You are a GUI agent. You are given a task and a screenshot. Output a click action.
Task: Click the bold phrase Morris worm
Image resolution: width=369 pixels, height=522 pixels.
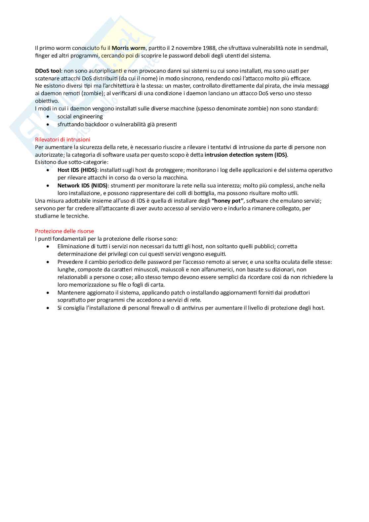128,48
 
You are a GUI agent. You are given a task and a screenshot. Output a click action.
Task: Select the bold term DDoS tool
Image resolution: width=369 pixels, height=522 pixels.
48,71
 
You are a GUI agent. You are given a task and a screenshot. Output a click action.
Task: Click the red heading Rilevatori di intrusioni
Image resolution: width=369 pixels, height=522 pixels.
62,140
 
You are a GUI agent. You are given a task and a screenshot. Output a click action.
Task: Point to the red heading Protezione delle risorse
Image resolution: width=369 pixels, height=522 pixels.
64,231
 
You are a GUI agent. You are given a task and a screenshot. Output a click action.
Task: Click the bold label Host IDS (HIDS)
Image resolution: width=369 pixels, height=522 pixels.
77,170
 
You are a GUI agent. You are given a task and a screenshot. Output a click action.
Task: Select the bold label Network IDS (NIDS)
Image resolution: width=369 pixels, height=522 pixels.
82,185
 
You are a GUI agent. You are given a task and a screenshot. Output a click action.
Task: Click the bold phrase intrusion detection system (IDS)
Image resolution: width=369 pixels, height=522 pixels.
246,155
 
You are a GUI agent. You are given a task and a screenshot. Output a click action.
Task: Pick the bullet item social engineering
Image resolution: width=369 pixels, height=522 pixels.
80,117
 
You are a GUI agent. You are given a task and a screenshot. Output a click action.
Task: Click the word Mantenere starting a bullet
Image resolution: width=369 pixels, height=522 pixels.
71,293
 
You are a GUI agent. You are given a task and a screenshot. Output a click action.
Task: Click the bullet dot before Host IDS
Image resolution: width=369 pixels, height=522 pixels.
49,170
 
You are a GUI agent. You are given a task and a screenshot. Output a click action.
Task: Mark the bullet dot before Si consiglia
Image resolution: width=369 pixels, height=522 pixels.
49,308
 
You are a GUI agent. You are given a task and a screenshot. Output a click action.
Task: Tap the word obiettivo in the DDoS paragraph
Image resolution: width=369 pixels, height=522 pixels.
47,101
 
